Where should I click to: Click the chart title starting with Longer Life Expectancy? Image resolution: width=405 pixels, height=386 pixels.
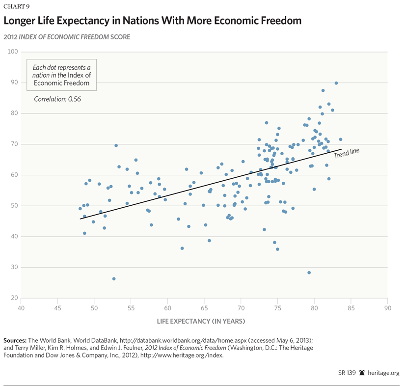[152, 21]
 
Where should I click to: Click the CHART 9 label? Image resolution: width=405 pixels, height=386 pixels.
[16, 6]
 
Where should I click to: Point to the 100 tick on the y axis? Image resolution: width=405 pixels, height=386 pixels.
[11, 52]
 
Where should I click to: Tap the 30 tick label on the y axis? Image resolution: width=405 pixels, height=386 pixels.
[13, 268]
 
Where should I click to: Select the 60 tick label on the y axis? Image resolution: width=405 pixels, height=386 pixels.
[13, 175]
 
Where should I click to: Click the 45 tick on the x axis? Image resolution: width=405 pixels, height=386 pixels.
[57, 308]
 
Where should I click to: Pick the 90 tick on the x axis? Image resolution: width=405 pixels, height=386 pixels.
[387, 308]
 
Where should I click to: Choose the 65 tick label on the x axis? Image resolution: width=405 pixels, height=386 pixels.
[204, 308]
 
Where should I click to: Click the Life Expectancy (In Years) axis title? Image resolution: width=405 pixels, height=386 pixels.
[201, 321]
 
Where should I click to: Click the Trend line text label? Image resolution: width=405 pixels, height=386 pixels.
[347, 153]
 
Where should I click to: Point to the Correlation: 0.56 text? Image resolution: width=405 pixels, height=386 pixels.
[57, 99]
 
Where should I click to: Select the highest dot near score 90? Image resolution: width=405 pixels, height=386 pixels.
[336, 83]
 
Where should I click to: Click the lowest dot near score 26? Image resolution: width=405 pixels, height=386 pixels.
[114, 278]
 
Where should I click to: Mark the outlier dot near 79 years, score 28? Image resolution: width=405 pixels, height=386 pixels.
[309, 273]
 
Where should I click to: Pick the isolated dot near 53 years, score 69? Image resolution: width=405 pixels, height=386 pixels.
[116, 145]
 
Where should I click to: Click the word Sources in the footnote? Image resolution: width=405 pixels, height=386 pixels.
[15, 340]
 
